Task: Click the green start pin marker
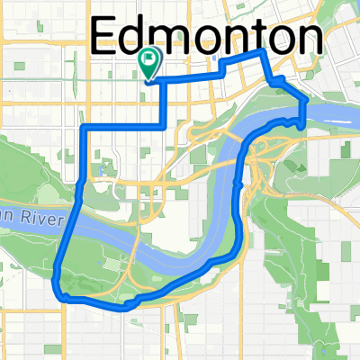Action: point(149,64)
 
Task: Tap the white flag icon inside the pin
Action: point(149,59)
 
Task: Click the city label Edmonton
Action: point(208,38)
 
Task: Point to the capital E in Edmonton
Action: point(106,38)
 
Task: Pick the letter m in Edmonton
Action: point(175,40)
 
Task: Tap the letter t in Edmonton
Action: point(247,39)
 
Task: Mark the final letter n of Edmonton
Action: point(309,40)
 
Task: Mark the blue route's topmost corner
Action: point(262,53)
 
